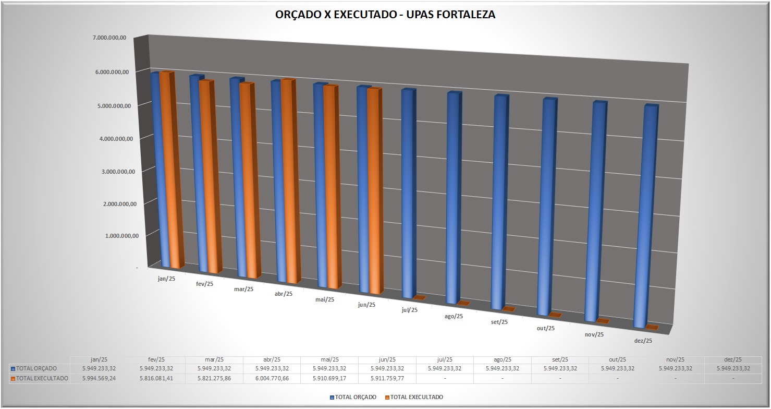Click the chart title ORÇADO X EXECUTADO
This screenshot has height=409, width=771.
[385, 15]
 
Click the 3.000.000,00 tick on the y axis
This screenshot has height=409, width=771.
[118, 171]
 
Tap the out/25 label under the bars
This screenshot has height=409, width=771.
[545, 328]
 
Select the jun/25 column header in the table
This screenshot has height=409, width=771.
[387, 359]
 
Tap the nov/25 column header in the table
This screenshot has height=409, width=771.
[675, 359]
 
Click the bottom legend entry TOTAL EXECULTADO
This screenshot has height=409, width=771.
[417, 397]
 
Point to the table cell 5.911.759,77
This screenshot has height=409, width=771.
[387, 378]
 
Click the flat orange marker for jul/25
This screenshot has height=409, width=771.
[420, 298]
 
